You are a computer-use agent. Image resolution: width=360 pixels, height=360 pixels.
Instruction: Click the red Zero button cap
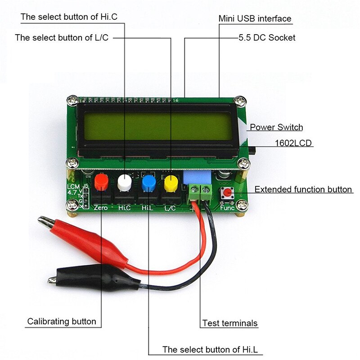tap(102, 182)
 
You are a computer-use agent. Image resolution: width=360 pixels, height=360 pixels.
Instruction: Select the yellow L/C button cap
tap(171, 182)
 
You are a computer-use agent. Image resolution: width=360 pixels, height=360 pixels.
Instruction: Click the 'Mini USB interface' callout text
tap(255, 19)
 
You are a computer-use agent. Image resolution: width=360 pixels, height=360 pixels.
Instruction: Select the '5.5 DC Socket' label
tap(266, 38)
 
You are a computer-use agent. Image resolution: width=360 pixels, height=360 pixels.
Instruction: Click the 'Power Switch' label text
tap(276, 127)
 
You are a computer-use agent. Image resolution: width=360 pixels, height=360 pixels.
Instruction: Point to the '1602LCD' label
tap(294, 144)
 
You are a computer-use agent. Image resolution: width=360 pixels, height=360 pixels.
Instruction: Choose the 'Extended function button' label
tap(303, 189)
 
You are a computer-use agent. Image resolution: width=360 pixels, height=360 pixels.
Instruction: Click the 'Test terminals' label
tap(230, 323)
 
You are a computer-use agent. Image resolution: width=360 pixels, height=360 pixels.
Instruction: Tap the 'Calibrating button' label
tap(62, 321)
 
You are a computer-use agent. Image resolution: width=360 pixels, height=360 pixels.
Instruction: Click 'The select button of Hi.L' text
tap(212, 349)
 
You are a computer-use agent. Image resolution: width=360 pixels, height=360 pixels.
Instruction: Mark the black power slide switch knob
tap(252, 150)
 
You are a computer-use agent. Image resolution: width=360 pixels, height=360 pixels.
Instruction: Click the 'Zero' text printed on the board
tap(101, 208)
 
